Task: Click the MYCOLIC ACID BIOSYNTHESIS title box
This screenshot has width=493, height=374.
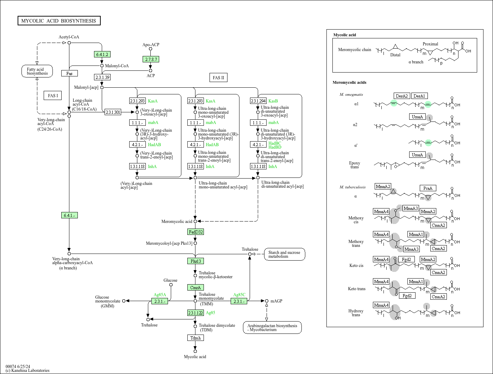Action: (59, 21)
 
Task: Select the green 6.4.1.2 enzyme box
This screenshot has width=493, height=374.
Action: (102, 54)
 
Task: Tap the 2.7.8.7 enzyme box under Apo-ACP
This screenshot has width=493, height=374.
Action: (151, 59)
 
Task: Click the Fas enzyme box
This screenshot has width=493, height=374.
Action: (69, 73)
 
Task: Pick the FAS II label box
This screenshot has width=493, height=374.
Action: (218, 77)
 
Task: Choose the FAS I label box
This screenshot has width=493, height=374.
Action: (53, 95)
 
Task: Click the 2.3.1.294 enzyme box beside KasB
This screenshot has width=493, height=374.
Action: (258, 101)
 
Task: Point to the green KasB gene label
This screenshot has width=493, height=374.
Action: (273, 101)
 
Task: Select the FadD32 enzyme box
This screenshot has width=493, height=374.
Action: (195, 232)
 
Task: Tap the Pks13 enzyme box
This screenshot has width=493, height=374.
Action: (195, 261)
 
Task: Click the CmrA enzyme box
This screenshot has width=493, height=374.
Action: (195, 287)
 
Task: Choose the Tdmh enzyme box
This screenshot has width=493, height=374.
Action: (195, 338)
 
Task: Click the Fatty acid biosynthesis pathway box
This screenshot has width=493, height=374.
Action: (37, 71)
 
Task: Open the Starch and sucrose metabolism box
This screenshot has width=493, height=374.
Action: (284, 254)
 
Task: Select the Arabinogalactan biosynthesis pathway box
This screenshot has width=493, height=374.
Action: (272, 328)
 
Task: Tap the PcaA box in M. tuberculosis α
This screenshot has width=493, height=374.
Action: (428, 188)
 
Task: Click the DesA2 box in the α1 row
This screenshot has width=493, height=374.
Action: (402, 96)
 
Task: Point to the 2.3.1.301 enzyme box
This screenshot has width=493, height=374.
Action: (113, 112)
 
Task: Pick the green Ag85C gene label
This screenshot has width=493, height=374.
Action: (239, 295)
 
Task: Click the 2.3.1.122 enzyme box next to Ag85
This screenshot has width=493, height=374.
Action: (195, 313)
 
